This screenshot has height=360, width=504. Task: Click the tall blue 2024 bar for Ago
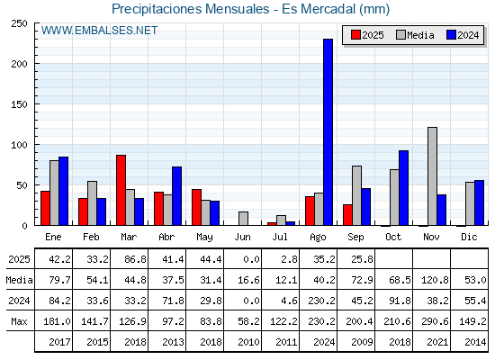pos(328,132)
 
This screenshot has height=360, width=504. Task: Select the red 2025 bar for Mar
pos(121,190)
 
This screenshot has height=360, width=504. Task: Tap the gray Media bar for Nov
pos(432,176)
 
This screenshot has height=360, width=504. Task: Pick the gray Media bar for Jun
pos(243,219)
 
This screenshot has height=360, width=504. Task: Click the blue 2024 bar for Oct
pos(404,188)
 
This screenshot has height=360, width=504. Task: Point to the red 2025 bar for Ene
pos(45,208)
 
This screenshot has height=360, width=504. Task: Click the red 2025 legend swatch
pos(355,35)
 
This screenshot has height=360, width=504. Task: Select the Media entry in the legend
pos(415,35)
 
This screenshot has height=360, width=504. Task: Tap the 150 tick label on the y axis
pos(19,104)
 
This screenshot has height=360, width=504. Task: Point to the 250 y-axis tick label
pos(19,23)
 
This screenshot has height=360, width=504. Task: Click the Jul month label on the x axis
pos(280,237)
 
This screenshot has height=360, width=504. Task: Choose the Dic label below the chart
pos(469,237)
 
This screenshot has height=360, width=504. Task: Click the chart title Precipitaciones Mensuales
pos(190,9)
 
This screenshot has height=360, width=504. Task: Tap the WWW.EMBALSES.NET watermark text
pos(99,31)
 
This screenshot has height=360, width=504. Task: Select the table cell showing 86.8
pos(135,259)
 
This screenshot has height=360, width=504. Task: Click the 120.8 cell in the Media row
pos(435,280)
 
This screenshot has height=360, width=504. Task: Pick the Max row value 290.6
pos(435,321)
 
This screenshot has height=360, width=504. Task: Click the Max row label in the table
pos(19,321)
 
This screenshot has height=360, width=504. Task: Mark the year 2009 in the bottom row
pos(362,342)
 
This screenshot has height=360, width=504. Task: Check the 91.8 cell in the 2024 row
pos(400,301)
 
